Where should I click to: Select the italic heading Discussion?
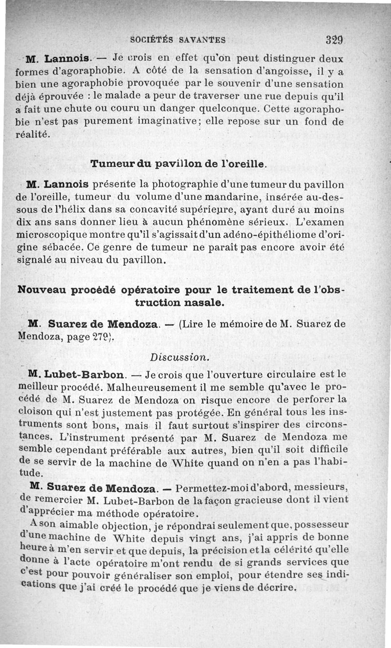point(180,357)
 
